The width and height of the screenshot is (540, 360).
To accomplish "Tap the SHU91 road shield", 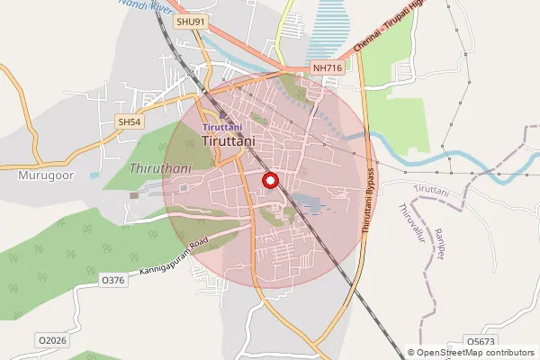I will coord(191,21).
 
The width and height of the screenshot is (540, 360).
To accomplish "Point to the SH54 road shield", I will coord(130,121).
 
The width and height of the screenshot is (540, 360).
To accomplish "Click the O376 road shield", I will coord(112,281).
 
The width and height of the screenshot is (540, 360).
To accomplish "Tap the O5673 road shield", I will coord(481,342).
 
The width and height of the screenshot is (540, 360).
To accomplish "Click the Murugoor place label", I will coord(41,175).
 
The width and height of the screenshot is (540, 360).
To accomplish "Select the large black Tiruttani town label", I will coord(229,141).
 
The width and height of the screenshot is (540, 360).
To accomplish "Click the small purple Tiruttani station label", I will coord(222,128).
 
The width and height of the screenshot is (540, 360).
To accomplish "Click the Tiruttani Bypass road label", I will coord(368,201).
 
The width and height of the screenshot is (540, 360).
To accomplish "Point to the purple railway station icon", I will coord(222,114).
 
